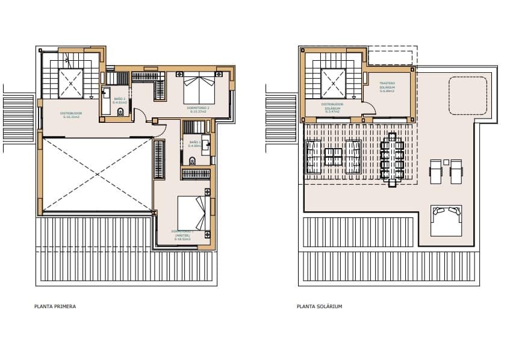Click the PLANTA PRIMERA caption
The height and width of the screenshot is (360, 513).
[x=55, y=306]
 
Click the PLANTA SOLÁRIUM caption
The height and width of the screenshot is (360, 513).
[x=319, y=306]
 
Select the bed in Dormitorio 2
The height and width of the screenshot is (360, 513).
[x=198, y=88]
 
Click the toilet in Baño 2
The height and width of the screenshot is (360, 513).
[x=120, y=112]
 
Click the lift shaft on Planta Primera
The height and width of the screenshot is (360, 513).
[x=70, y=84]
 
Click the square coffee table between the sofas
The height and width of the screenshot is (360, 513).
[x=333, y=157]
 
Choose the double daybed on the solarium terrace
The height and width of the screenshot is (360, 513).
[x=446, y=221]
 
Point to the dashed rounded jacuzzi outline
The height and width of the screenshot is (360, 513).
[x=468, y=95]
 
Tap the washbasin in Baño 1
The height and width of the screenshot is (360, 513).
[x=205, y=144]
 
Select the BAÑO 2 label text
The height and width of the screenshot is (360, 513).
[x=120, y=99]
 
